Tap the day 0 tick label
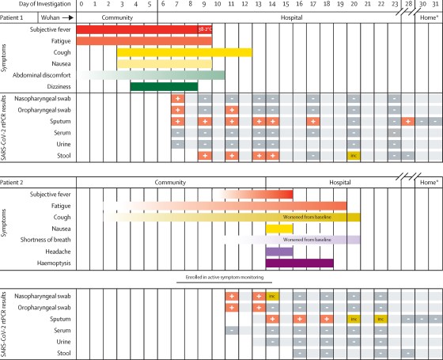coord(82,5)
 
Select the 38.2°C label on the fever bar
coord(203,29)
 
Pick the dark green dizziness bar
coord(164,86)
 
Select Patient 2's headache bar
coord(279,251)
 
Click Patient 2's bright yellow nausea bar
coord(279,229)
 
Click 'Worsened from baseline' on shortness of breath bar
coord(316,240)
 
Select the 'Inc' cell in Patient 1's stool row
coord(354,155)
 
